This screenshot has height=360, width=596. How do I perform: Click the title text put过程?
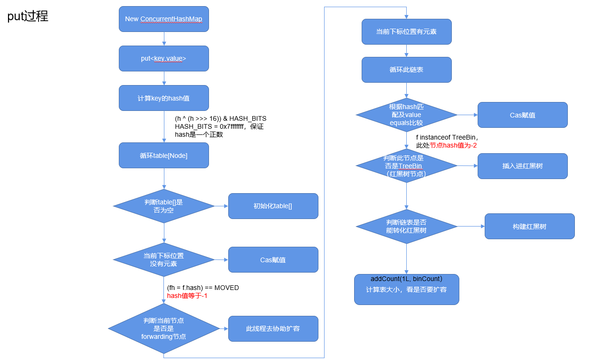[28, 16]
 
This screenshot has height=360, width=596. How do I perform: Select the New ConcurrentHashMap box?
[163, 19]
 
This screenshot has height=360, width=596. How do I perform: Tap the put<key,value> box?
[163, 59]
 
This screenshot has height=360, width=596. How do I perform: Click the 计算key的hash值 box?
[163, 98]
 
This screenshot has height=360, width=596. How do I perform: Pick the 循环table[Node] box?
[163, 156]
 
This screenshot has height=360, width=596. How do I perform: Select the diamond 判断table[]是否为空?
[163, 206]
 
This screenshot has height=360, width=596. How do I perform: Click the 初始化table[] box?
[273, 206]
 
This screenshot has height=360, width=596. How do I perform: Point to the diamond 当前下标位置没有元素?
[163, 260]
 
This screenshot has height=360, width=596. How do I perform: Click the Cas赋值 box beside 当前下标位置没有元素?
[273, 260]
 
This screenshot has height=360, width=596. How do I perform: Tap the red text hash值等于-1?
[187, 296]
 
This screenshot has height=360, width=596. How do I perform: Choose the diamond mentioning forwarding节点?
[163, 329]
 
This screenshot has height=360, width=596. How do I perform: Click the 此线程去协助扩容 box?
[273, 329]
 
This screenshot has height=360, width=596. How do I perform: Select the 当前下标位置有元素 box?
[406, 32]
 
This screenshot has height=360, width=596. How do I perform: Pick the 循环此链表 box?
[406, 70]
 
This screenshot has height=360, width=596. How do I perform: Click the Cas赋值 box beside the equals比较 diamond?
[522, 115]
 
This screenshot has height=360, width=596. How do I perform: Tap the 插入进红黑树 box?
[522, 166]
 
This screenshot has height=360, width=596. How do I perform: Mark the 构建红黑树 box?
[529, 227]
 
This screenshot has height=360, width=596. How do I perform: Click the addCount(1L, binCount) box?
[406, 290]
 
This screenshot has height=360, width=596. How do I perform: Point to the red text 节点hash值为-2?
[454, 146]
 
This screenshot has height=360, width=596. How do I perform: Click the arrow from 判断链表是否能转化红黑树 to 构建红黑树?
[471, 227]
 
